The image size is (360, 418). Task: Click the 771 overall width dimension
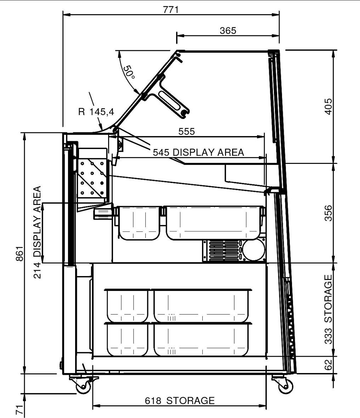pos(170,10)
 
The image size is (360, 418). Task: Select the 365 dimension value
pos(228,31)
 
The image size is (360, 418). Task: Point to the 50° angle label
pos(129,72)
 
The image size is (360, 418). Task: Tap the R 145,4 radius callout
pos(96,112)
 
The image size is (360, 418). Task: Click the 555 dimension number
pos(186,131)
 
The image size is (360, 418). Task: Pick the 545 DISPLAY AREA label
pos(198,153)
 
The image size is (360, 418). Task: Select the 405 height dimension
pos(328,107)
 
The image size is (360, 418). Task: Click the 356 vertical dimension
pos(328,213)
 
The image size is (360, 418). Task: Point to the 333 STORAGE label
pos(328,309)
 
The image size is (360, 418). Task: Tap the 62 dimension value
pos(328,365)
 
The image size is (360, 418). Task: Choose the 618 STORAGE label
pos(180,400)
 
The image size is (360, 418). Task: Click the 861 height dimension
pos(20,253)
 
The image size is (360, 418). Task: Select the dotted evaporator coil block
pos(92,178)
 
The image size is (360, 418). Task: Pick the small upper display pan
pos(139,223)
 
